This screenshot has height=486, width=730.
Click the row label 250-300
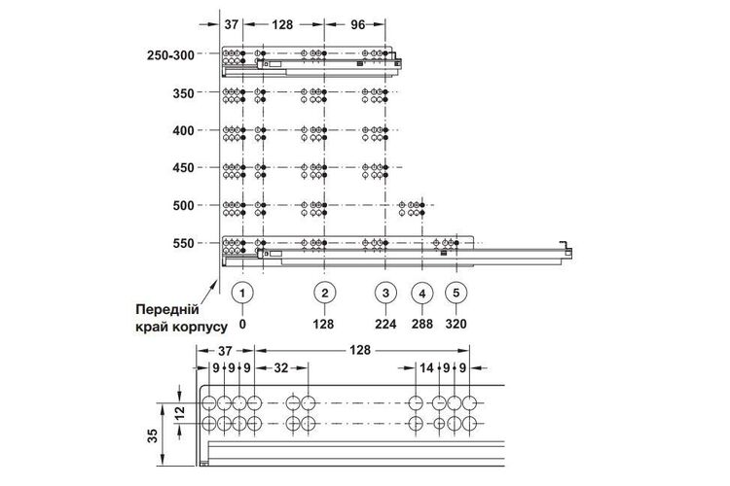click(170, 55)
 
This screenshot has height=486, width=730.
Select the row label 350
click(183, 93)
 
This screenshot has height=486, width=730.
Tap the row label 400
click(183, 130)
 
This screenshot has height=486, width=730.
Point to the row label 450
click(183, 168)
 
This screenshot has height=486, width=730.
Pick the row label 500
click(183, 205)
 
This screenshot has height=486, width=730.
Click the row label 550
click(183, 243)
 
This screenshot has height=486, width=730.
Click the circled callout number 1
click(242, 293)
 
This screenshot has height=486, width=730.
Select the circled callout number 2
click(324, 293)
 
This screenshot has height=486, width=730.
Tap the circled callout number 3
click(385, 293)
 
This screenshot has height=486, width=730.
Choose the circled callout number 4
click(422, 294)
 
